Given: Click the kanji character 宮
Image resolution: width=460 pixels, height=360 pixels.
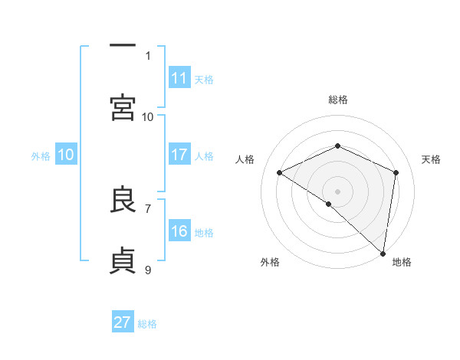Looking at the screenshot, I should click(123, 107).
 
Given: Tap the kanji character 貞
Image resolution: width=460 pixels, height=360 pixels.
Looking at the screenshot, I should click(123, 260).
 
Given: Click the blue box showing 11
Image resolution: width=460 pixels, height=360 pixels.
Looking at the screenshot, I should click(179, 77).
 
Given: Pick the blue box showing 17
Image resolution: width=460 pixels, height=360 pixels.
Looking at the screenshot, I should click(179, 155).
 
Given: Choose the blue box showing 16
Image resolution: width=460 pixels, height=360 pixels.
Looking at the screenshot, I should click(179, 231).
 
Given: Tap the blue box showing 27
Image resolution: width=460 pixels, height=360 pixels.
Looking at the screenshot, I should click(123, 322).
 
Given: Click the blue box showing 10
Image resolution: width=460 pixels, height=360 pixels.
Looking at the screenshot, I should click(66, 155).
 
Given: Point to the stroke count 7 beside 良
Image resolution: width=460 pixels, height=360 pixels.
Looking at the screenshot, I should click(148, 208).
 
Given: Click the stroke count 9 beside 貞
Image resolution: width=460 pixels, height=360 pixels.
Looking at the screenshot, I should click(148, 270).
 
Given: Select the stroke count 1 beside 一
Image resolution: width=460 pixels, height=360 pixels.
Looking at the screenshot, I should click(148, 55).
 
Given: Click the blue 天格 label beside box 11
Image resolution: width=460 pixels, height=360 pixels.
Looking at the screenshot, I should click(204, 79).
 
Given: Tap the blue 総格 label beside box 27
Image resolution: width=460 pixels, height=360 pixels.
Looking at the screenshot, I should click(147, 324).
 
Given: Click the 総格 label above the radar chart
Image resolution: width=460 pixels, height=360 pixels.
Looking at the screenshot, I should click(337, 100).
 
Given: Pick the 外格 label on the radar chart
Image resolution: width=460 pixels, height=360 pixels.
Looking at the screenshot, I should click(270, 262).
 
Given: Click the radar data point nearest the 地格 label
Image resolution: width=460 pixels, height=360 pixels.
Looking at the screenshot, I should click(383, 253).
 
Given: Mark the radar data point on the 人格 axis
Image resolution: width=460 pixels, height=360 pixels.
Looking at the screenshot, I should click(280, 172).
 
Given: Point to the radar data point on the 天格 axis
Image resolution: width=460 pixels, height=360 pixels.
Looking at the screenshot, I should click(396, 172).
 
